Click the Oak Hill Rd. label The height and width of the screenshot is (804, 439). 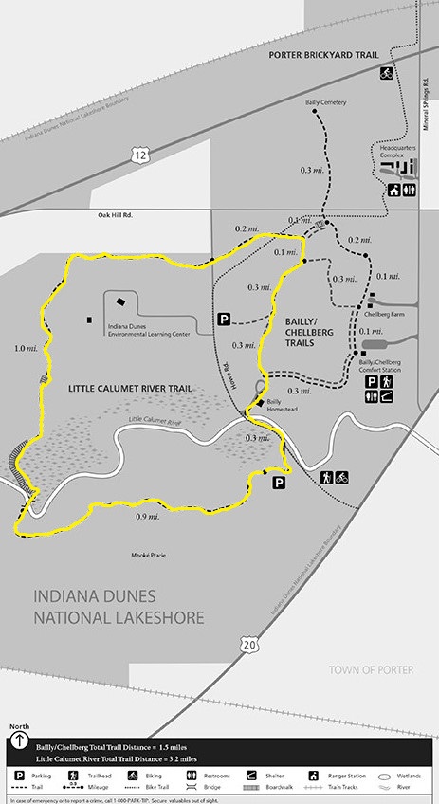117,215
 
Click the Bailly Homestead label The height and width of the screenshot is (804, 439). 280,405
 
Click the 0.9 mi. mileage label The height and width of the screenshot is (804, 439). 147,516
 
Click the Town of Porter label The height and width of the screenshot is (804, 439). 372,669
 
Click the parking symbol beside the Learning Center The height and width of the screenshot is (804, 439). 224,320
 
